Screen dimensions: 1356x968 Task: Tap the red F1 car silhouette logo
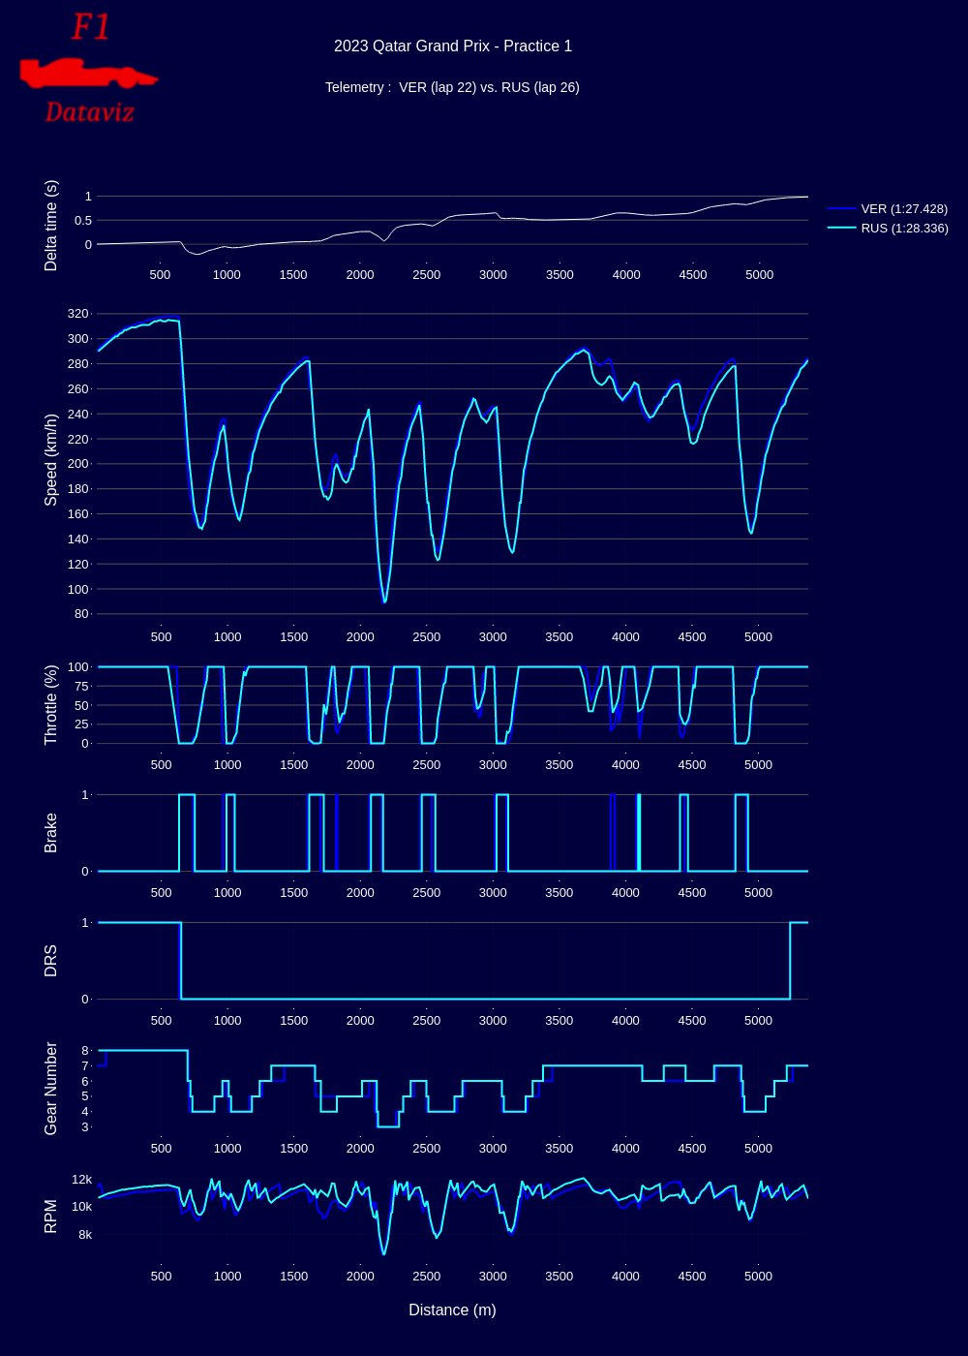click(87, 73)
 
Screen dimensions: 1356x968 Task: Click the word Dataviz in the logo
click(89, 112)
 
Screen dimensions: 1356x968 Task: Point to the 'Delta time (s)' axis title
click(51, 225)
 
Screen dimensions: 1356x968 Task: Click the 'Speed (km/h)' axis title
click(51, 459)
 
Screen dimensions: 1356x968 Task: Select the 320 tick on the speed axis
click(77, 314)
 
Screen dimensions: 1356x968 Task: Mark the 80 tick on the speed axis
click(79, 614)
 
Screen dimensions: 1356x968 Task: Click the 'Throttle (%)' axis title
click(51, 704)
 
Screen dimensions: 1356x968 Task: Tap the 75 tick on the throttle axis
click(79, 686)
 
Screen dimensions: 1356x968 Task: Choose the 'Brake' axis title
click(51, 833)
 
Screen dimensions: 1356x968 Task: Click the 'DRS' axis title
click(51, 960)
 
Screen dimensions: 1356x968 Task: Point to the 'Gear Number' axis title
click(51, 1088)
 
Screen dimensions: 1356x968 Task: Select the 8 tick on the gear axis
click(85, 1050)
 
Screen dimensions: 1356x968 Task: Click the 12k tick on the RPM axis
click(81, 1179)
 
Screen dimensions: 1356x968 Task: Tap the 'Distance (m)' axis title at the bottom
click(452, 1310)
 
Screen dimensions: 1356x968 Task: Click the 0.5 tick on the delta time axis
click(81, 220)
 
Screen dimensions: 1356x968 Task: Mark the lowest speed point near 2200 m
click(384, 602)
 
